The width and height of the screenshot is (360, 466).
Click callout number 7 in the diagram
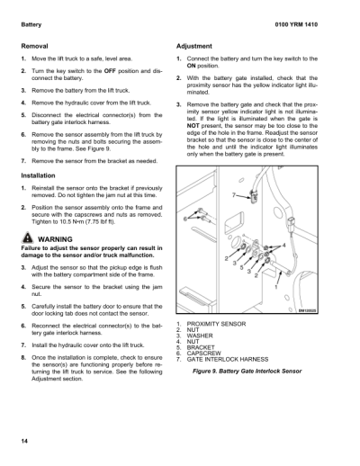pyautogui.click(x=234, y=195)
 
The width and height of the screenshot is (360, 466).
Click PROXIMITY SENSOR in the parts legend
pyautogui.click(x=216, y=323)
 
